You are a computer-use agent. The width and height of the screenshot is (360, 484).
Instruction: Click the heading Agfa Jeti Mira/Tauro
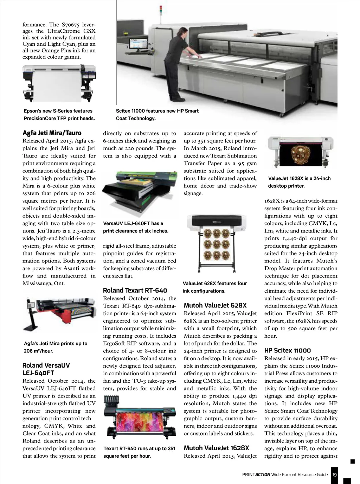[x=52, y=133]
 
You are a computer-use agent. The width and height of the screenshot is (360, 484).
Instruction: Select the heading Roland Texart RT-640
[x=135, y=291]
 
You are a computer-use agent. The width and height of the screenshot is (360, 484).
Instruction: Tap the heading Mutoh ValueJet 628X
[x=215, y=305]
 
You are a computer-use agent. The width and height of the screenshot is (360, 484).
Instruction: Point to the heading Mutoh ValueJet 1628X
[x=216, y=448]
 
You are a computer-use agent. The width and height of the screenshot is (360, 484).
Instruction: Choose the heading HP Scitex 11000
[x=288, y=350]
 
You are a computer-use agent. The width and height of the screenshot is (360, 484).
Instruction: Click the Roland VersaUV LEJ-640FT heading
[x=46, y=369]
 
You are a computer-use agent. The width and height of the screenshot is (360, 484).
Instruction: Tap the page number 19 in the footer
[x=334, y=475]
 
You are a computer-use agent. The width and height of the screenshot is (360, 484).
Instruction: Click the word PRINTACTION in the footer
[x=256, y=475]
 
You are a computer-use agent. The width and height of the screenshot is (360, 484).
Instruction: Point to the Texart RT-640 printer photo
[x=140, y=418]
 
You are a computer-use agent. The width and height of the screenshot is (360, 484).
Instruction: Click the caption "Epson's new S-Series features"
[x=58, y=111]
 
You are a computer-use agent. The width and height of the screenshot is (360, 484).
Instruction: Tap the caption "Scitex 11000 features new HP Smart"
[x=157, y=111]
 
